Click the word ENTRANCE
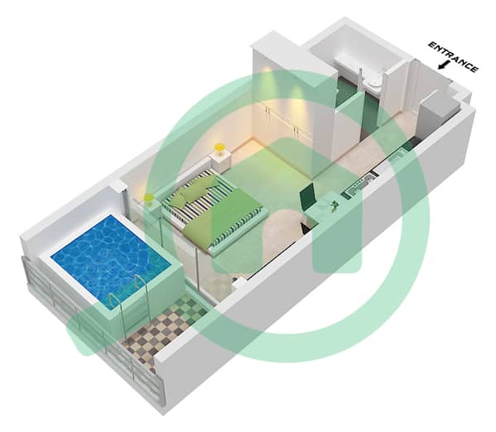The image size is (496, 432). point(453,56)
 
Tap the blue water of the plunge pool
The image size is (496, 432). point(111,257)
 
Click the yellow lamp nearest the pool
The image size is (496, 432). point(149,199)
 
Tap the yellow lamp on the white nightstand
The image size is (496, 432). point(219,147)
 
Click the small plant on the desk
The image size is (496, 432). point(334,204)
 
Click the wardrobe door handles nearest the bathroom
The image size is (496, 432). point(296,129)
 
